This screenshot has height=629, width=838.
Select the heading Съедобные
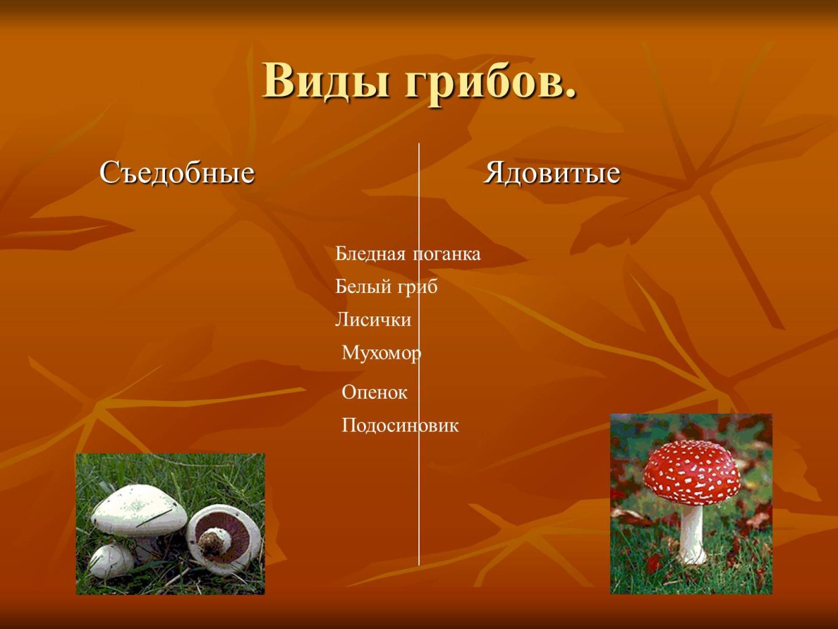tap(177, 173)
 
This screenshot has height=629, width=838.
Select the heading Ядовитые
tap(552, 174)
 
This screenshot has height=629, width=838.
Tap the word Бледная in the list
tap(371, 254)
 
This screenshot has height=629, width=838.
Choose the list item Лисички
tap(373, 320)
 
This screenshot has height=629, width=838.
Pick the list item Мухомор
tap(381, 353)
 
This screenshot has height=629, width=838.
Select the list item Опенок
tap(374, 392)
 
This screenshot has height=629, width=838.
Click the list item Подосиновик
tap(400, 425)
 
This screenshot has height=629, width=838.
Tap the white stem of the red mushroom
tap(692, 533)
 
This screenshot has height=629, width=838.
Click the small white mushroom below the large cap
tap(111, 561)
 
